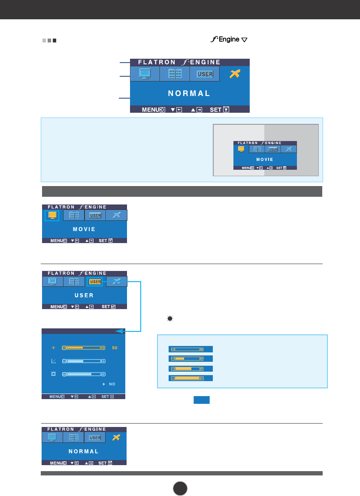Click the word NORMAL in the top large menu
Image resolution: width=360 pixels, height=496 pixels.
click(x=189, y=93)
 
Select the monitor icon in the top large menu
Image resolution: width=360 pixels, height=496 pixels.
click(x=145, y=74)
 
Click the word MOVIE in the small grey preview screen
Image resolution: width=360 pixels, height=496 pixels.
click(x=265, y=159)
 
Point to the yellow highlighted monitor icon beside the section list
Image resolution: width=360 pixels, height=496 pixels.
click(x=52, y=215)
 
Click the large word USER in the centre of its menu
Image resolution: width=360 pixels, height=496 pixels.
click(x=84, y=295)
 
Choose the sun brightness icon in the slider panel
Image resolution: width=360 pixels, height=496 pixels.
click(x=53, y=348)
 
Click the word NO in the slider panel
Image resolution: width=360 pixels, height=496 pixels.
click(x=112, y=384)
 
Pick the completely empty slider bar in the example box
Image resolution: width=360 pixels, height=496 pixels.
click(x=191, y=349)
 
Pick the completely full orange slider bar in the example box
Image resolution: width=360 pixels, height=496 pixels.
click(x=191, y=378)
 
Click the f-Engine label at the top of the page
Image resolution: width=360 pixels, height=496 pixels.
click(x=228, y=39)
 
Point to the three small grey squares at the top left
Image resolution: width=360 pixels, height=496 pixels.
click(x=49, y=41)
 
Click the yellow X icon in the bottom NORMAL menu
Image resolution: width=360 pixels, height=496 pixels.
click(x=115, y=437)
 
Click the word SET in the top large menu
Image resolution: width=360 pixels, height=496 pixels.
click(x=215, y=110)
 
